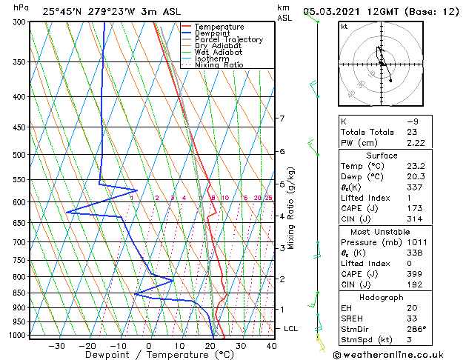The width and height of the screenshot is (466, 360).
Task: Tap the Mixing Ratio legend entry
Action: click(219, 64)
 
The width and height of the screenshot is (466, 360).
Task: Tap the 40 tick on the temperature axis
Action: click(271, 345)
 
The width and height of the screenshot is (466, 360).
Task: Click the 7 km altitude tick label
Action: click(282, 119)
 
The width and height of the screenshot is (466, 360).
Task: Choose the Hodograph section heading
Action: click(378, 297)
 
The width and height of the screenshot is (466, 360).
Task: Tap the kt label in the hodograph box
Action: click(344, 27)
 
